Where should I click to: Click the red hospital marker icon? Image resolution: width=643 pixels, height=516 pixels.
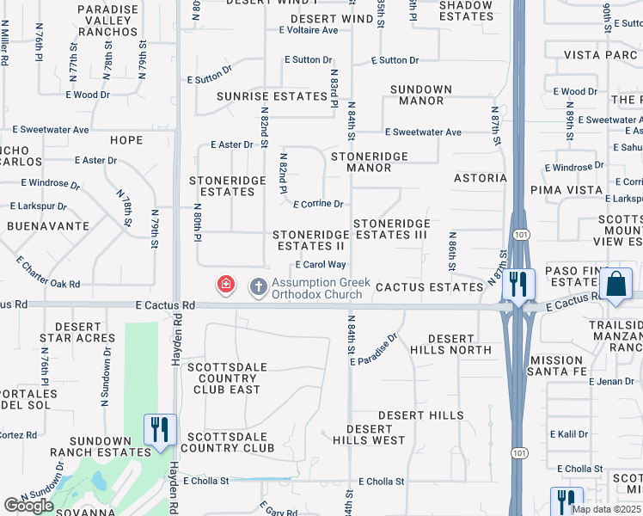point(226,285)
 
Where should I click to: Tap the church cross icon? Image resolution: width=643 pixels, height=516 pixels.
point(258,286)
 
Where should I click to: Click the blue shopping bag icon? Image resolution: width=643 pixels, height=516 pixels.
point(616,284)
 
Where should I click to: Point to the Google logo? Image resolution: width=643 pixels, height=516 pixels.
point(28,506)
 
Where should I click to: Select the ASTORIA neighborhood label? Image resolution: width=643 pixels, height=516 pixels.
point(481,178)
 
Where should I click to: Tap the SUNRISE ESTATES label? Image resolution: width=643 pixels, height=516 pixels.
point(272,96)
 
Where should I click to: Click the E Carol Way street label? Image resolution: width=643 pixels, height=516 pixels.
point(321,265)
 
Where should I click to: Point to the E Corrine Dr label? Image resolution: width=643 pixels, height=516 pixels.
point(318,205)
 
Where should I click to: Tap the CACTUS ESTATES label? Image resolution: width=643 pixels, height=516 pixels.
point(429,286)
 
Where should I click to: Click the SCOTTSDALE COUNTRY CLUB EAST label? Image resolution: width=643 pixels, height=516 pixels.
point(224,378)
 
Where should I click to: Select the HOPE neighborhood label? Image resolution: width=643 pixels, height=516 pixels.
point(126,140)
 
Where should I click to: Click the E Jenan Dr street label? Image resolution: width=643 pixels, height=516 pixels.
point(612,381)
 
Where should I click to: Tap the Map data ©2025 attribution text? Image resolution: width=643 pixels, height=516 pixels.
point(606,509)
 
